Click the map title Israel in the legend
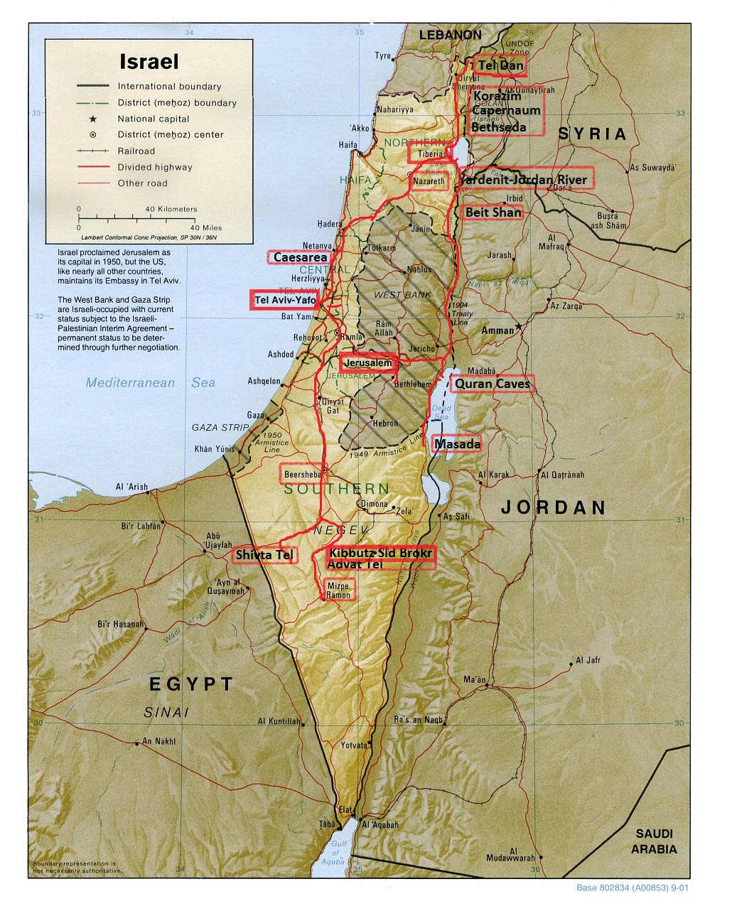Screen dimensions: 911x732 (149, 61)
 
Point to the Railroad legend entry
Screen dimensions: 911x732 (136, 151)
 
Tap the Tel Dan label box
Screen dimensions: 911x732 (501, 65)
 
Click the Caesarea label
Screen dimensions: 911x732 (300, 257)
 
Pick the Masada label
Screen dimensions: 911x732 (457, 444)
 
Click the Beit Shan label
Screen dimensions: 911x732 (493, 212)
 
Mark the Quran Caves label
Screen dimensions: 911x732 (493, 384)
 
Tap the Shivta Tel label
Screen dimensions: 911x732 (264, 554)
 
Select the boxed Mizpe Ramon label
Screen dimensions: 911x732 (338, 590)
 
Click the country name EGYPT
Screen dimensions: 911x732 (190, 684)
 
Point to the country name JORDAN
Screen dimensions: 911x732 (554, 507)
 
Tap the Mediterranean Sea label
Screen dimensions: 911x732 (150, 383)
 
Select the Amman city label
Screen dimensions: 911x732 (497, 330)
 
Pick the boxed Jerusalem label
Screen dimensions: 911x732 (367, 363)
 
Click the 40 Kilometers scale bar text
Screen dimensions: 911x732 (171, 210)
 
